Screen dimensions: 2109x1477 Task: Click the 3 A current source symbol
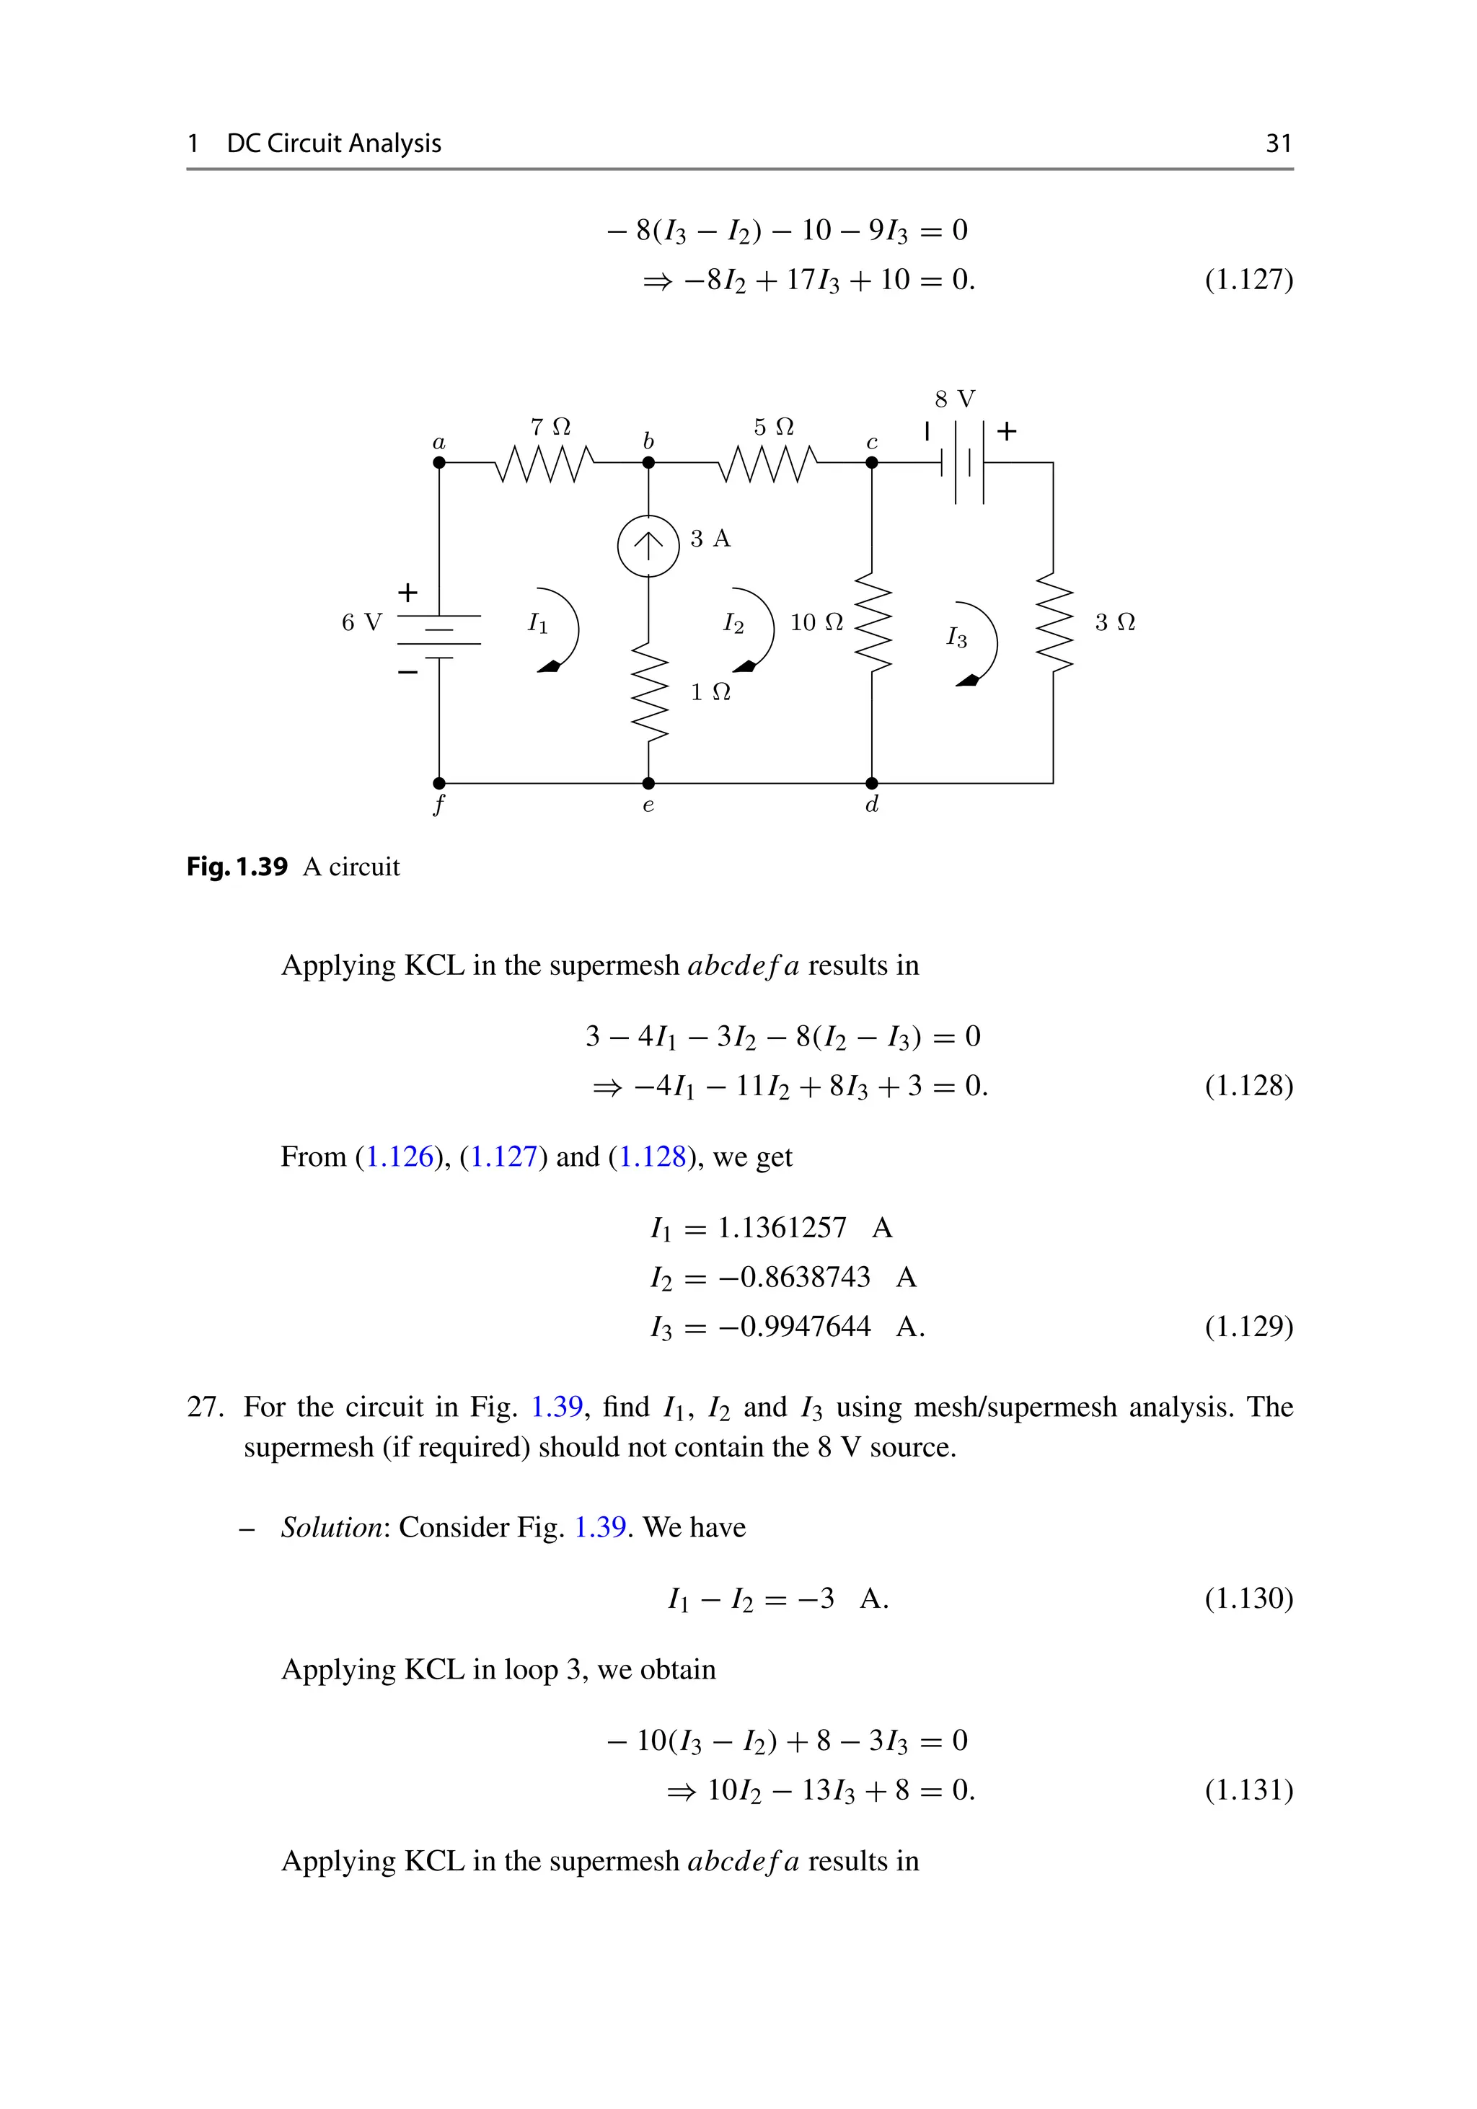point(648,546)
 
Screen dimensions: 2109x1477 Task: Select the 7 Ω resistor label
point(550,427)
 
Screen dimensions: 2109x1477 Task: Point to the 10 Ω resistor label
point(816,623)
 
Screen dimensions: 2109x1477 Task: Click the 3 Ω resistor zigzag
point(1054,624)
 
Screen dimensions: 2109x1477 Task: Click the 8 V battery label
point(956,399)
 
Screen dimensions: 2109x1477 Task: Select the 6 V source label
point(361,623)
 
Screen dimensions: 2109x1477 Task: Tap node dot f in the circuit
point(439,784)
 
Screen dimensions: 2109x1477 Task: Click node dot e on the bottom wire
point(648,784)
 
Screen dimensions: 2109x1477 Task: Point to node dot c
point(872,463)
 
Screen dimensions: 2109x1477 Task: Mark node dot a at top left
point(439,463)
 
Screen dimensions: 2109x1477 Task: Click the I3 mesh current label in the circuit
point(956,637)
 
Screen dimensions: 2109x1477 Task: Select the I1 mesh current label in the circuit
point(537,624)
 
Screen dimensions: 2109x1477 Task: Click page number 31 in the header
point(1279,144)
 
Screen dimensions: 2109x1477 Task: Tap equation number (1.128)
point(1248,1086)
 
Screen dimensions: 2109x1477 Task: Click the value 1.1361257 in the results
point(782,1227)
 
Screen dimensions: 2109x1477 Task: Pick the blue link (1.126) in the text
point(400,1157)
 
